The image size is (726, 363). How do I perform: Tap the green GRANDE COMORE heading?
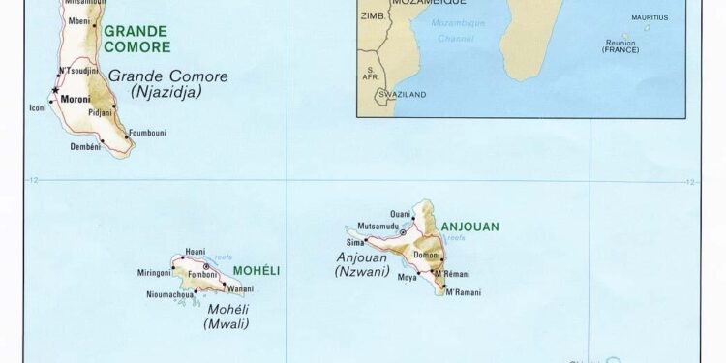tap(135, 39)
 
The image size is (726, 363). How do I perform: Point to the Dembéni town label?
tap(86, 146)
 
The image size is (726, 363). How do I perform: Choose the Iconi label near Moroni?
tap(38, 107)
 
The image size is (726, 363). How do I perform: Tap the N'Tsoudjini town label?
tap(78, 70)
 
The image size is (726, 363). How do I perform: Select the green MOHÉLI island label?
tap(255, 271)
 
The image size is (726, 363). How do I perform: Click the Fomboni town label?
tap(202, 274)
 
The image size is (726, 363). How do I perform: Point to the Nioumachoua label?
tap(170, 294)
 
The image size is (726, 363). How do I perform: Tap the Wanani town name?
tap(240, 288)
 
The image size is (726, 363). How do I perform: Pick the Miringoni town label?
tap(155, 273)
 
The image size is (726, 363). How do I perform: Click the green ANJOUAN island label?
tap(470, 227)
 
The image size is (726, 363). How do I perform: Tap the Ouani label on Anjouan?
tap(400, 214)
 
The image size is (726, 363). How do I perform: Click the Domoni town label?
tap(427, 255)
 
